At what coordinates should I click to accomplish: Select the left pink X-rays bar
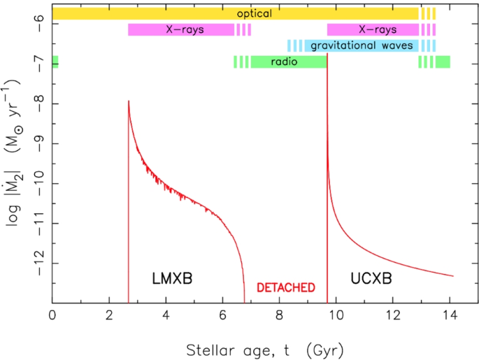[181, 29]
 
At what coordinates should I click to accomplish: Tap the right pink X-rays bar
[373, 29]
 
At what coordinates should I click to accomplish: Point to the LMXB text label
[171, 279]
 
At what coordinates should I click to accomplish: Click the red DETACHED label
[286, 287]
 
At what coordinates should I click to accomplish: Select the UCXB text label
[371, 279]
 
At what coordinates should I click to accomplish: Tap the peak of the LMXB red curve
[129, 101]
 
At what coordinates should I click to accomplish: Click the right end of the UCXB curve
[454, 276]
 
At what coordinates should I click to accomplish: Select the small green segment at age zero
[55, 62]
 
